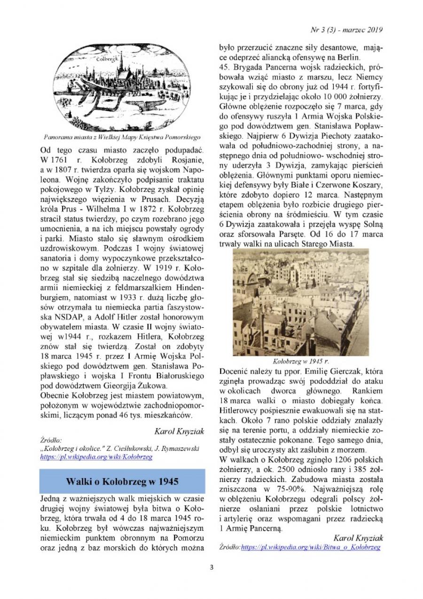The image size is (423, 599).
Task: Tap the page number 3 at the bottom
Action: click(211, 567)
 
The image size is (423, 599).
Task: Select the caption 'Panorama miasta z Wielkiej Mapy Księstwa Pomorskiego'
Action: click(122, 137)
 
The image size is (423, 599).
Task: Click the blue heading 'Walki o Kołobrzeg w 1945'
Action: click(122, 482)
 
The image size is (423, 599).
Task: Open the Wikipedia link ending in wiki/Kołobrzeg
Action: click(96, 457)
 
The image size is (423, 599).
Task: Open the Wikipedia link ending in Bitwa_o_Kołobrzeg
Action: click(311, 547)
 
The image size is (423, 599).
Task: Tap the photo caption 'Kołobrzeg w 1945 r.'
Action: click(301, 362)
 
